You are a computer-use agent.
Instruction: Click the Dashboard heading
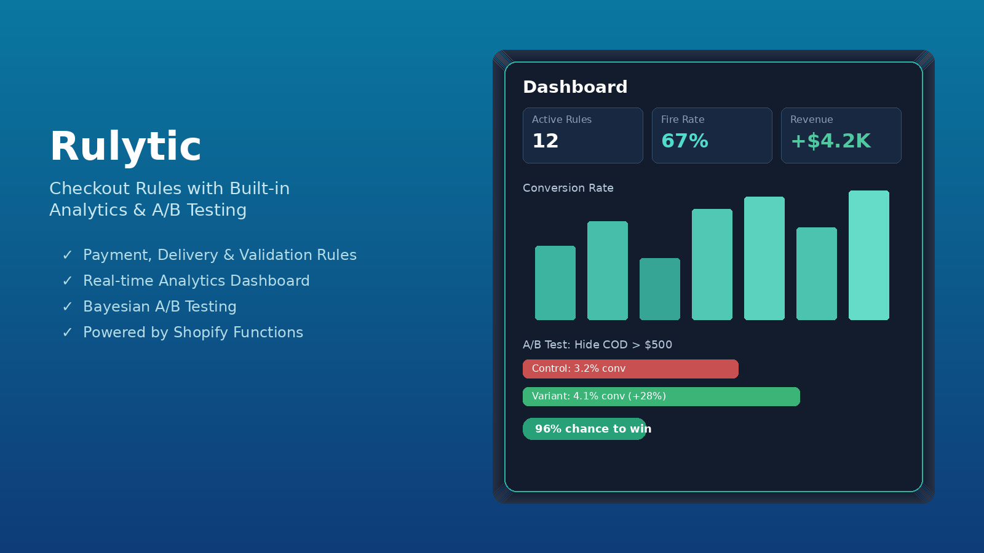click(x=575, y=87)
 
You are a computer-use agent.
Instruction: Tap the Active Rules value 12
click(x=545, y=141)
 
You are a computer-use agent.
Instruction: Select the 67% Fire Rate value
click(x=685, y=141)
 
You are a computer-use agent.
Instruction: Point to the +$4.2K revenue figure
click(x=831, y=141)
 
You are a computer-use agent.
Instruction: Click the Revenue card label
click(x=811, y=119)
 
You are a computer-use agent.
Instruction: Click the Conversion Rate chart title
click(x=568, y=188)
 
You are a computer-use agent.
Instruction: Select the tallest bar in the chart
click(x=869, y=255)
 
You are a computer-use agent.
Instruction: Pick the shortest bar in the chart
click(x=660, y=289)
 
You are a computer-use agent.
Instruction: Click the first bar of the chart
click(x=555, y=283)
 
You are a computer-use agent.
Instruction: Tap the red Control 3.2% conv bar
click(x=630, y=369)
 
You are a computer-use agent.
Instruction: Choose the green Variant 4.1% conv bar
click(x=661, y=396)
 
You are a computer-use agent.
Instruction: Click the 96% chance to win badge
click(x=585, y=429)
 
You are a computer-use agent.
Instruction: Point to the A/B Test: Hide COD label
click(x=597, y=345)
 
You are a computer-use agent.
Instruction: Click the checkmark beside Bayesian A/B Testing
click(x=67, y=307)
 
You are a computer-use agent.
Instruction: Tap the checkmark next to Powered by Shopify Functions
click(x=67, y=332)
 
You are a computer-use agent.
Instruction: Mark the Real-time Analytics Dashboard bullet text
click(x=196, y=281)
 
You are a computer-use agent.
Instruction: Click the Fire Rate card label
click(x=683, y=119)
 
